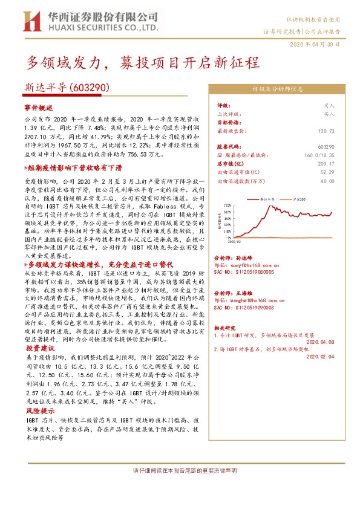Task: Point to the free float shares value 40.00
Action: [327, 180]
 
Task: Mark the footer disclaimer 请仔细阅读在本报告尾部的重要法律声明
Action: [185, 470]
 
